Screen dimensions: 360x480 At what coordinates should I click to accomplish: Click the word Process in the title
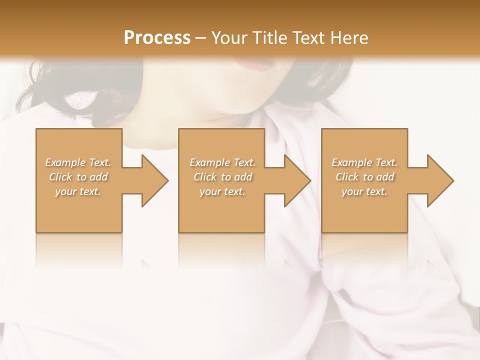(x=157, y=37)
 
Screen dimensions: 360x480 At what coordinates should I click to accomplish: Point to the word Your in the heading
(x=228, y=37)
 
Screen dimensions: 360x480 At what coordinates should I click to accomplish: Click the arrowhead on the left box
(x=152, y=180)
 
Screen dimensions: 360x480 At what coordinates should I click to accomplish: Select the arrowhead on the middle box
(x=295, y=180)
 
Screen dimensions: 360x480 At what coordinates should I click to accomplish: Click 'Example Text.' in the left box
(x=78, y=162)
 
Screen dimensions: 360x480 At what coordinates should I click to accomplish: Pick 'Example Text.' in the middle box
(x=222, y=162)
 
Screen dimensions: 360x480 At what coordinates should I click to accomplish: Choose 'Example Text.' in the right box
(x=364, y=162)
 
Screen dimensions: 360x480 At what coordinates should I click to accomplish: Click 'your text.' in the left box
(x=78, y=191)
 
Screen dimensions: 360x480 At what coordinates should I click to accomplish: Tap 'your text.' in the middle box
(x=222, y=191)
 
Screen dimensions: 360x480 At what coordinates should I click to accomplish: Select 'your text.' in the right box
(x=364, y=191)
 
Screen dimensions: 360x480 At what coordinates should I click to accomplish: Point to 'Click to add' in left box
(x=78, y=177)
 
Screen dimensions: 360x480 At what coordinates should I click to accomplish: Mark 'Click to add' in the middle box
(x=222, y=177)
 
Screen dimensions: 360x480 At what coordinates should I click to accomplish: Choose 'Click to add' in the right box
(x=364, y=177)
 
